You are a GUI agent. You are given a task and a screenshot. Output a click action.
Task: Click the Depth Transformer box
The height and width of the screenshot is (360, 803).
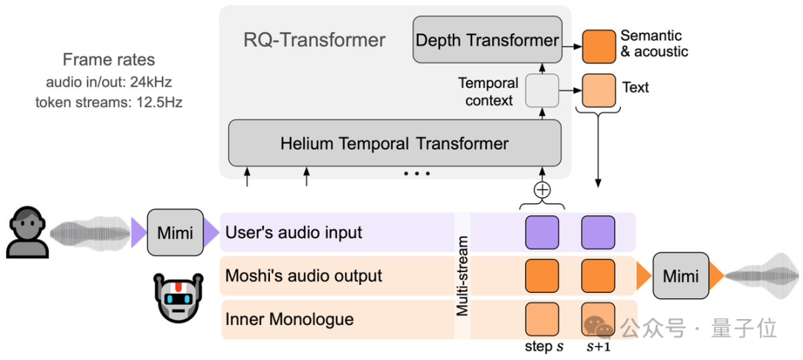coord(487,40)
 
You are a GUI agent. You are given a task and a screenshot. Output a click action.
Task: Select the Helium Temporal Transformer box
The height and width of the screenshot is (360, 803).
coord(394,144)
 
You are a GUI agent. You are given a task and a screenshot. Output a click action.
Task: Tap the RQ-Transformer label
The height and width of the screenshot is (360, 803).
coord(315,39)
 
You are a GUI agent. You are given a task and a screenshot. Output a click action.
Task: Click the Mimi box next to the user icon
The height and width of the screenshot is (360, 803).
coord(175,233)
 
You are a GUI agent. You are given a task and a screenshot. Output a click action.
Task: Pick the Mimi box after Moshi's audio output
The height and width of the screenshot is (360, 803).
coord(680,276)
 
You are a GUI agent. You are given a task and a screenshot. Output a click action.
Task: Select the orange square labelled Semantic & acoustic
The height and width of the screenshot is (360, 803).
coord(599,46)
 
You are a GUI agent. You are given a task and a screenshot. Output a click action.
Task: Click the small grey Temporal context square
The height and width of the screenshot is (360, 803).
coord(541,90)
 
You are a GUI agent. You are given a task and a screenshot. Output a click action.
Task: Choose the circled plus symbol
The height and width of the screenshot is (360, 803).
coord(543,190)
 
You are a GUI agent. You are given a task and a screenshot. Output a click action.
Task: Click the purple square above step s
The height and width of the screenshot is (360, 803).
coord(542,232)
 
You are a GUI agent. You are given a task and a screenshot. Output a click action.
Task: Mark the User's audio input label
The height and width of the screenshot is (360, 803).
coord(294,232)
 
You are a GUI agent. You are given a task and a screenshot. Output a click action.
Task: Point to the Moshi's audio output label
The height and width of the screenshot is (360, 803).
coord(303,276)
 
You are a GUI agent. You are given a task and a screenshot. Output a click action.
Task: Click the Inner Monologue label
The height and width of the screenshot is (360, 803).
coord(289,319)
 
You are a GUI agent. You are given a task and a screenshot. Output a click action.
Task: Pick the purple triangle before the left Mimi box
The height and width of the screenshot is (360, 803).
coord(138,232)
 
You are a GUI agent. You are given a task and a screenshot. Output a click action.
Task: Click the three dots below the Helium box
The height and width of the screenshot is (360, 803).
coord(417,174)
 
